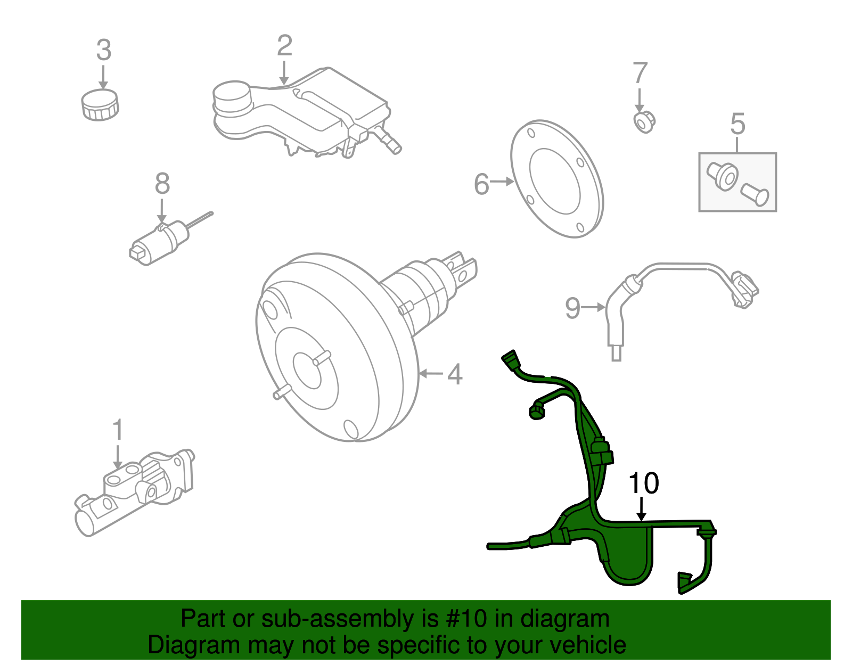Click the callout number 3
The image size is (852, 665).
tap(104, 50)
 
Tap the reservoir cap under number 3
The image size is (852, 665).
tap(100, 104)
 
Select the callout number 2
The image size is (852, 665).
tap(284, 46)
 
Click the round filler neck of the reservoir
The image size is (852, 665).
tap(231, 96)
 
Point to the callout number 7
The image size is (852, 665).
tap(640, 73)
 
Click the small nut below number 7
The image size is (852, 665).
tap(644, 122)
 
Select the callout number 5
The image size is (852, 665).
tap(738, 124)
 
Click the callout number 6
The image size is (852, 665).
tap(481, 184)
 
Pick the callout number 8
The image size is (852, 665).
tap(162, 184)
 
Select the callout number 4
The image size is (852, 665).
tap(454, 374)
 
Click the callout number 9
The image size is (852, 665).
tap(572, 308)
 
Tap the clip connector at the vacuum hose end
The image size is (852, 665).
tap(744, 289)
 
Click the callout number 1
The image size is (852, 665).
tap(118, 430)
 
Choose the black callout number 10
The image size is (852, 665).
tap(643, 483)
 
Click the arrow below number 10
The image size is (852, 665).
tap(642, 508)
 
